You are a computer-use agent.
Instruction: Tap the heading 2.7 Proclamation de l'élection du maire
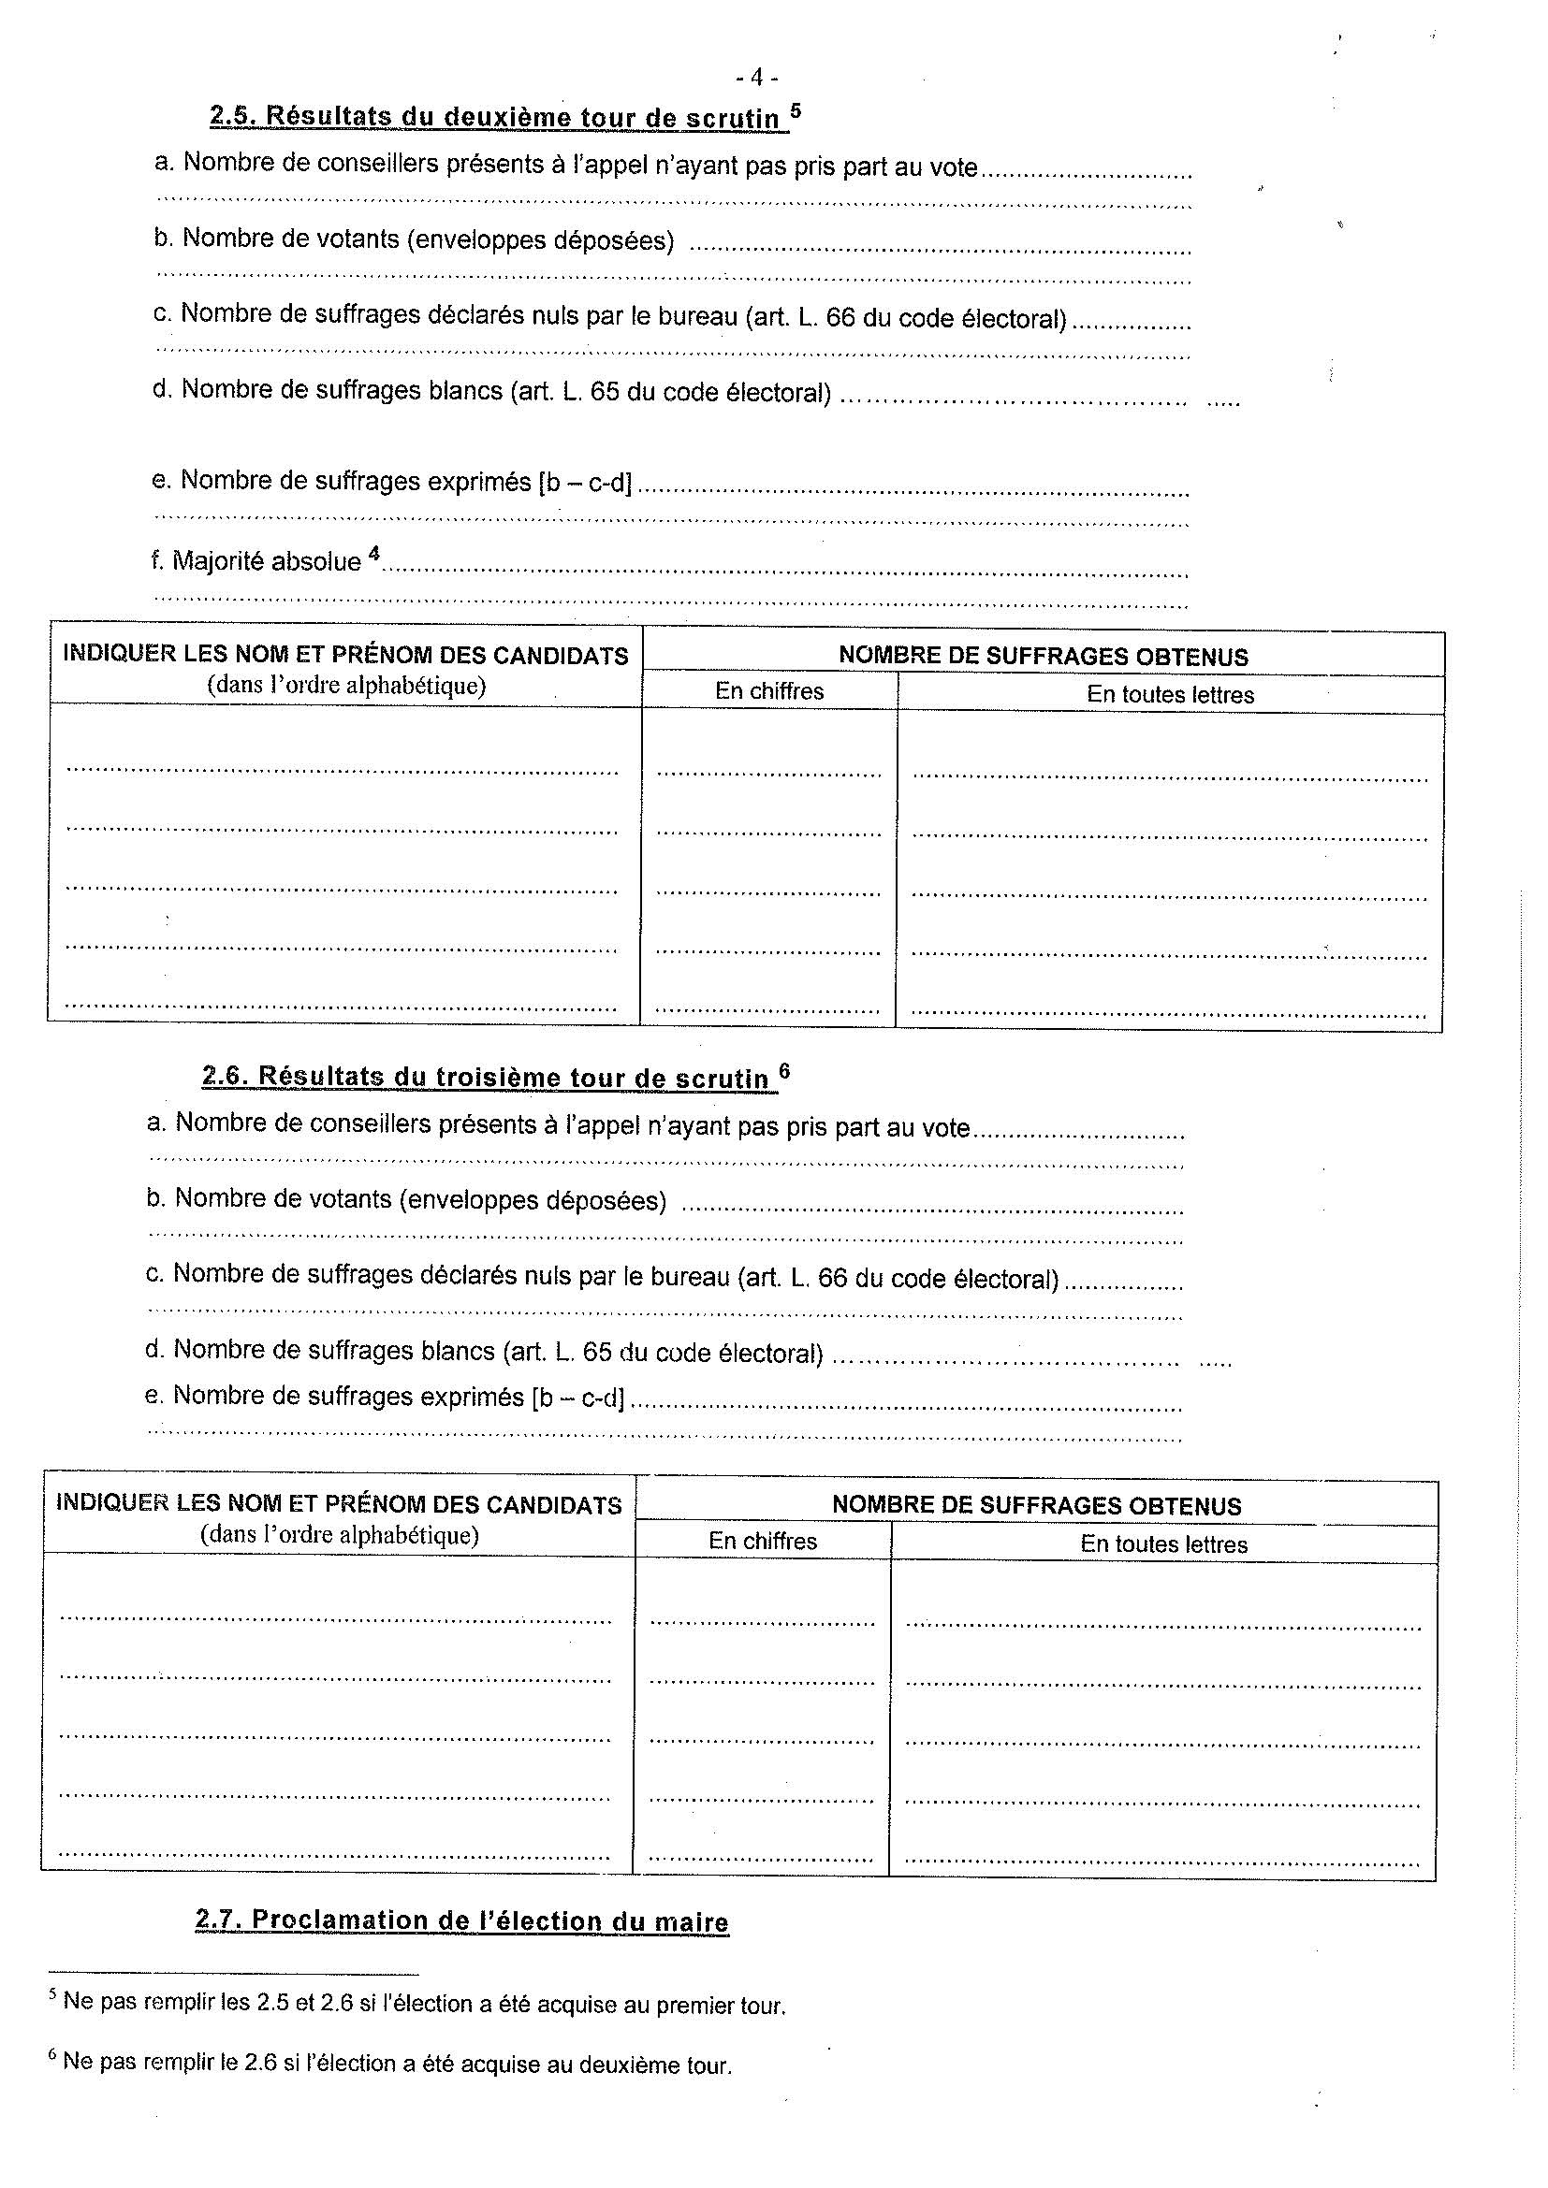461,1920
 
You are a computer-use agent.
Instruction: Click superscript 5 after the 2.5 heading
796,109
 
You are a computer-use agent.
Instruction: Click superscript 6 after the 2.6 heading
784,1069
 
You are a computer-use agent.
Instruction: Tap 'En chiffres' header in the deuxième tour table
769,691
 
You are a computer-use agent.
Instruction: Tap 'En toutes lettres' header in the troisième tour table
1163,1543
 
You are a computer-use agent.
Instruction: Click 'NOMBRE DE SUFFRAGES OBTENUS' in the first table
1043,656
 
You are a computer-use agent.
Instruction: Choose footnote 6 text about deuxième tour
397,2065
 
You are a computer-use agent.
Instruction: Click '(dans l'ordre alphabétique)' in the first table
346,685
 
